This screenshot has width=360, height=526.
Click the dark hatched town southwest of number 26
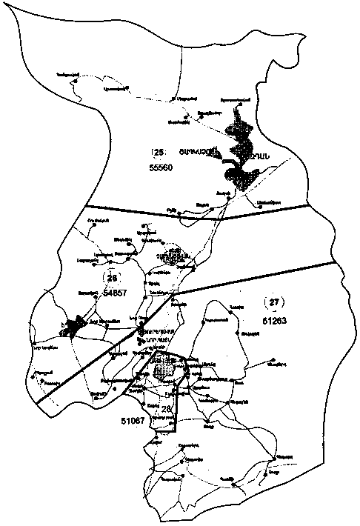pos(75,326)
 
